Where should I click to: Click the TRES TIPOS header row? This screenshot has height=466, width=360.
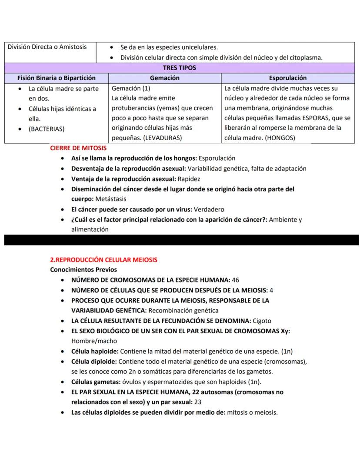pyautogui.click(x=179, y=68)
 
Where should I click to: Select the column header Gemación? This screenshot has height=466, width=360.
pyautogui.click(x=164, y=78)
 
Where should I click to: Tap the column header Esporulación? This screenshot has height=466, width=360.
pyautogui.click(x=287, y=78)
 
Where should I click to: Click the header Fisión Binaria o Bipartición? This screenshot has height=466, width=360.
pyautogui.click(x=56, y=78)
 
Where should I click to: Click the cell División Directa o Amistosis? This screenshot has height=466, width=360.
pyautogui.click(x=47, y=47)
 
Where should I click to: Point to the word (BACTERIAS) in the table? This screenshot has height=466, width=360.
pyautogui.click(x=47, y=129)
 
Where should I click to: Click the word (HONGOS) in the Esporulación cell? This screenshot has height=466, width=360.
pyautogui.click(x=280, y=138)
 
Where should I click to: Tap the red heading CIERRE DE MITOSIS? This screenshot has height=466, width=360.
pyautogui.click(x=78, y=148)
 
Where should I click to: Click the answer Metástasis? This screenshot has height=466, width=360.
pyautogui.click(x=110, y=199)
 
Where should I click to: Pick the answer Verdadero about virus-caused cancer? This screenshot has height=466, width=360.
pyautogui.click(x=210, y=209)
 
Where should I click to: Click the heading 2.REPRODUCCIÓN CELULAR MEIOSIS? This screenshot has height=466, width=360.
pyautogui.click(x=104, y=260)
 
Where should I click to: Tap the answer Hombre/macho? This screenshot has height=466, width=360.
pyautogui.click(x=94, y=341)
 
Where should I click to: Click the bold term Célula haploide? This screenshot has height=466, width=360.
pyautogui.click(x=94, y=351)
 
